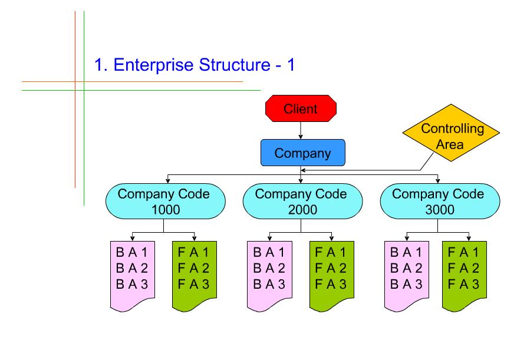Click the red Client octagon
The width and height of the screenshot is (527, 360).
pos(301,109)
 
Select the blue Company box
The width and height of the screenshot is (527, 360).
pos(302,153)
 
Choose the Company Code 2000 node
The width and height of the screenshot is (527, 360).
pos(301,202)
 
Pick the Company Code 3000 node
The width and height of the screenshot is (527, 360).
pos(438,202)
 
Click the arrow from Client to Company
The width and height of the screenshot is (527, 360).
pos(301,130)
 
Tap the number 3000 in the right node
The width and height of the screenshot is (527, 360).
pos(438,209)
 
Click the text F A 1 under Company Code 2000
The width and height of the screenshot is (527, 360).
pos(328,252)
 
